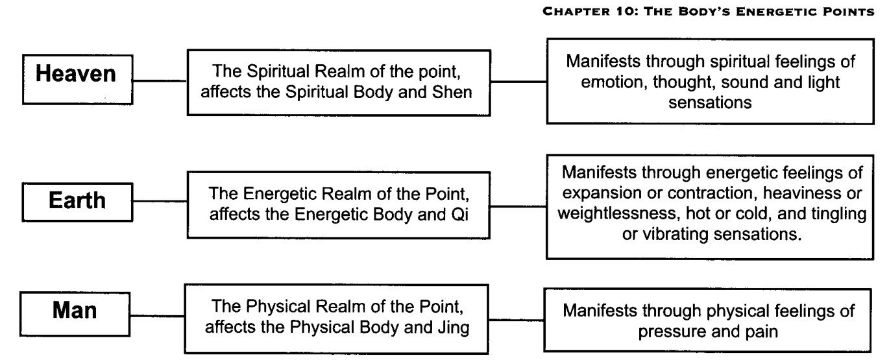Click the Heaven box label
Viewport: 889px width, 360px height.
pyautogui.click(x=76, y=74)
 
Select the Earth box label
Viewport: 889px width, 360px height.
pyautogui.click(x=77, y=200)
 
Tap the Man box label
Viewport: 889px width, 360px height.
pyautogui.click(x=75, y=310)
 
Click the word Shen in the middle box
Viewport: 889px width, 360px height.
pyautogui.click(x=452, y=92)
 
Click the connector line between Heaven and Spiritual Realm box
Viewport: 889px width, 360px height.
pyautogui.click(x=160, y=81)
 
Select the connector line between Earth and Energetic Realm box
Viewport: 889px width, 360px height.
pyautogui.click(x=160, y=201)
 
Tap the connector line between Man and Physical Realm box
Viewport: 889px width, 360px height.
pyautogui.click(x=157, y=316)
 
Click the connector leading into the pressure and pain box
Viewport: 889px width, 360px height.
pyautogui.click(x=517, y=320)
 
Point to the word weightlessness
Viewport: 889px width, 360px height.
pyautogui.click(x=616, y=213)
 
